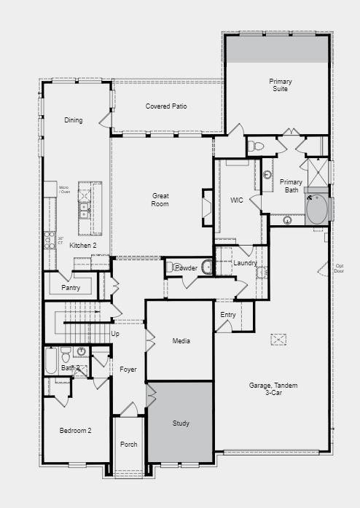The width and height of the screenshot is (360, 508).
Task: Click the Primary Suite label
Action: pyautogui.click(x=278, y=85)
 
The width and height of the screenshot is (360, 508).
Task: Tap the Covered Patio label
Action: pyautogui.click(x=166, y=106)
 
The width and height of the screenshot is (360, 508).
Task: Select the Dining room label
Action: pyautogui.click(x=74, y=120)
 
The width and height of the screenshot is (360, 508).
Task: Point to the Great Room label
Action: pyautogui.click(x=160, y=199)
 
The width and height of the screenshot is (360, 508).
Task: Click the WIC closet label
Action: pyautogui.click(x=236, y=200)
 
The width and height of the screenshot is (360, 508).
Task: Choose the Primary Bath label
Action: pyautogui.click(x=291, y=186)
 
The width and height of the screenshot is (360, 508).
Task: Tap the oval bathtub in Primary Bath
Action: pyautogui.click(x=318, y=208)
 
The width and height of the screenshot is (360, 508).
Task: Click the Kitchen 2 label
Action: pyautogui.click(x=82, y=246)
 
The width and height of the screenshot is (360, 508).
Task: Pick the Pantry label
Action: pyautogui.click(x=71, y=288)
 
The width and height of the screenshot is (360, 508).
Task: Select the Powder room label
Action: pyautogui.click(x=186, y=268)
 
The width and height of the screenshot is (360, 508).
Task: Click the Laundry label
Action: pyautogui.click(x=246, y=263)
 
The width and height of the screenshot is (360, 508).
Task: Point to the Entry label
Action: pyautogui.click(x=228, y=315)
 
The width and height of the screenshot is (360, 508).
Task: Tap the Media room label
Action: pyautogui.click(x=181, y=341)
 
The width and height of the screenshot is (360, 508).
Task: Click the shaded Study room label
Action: pyautogui.click(x=181, y=423)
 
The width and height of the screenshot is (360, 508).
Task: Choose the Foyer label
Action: pyautogui.click(x=128, y=370)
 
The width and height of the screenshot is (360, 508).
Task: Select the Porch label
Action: pyautogui.click(x=129, y=445)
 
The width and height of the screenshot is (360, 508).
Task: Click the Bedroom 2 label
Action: pyautogui.click(x=75, y=431)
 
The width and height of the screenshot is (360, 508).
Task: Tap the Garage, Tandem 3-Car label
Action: pyautogui.click(x=273, y=389)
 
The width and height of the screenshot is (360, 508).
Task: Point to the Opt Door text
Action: pyautogui.click(x=340, y=268)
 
